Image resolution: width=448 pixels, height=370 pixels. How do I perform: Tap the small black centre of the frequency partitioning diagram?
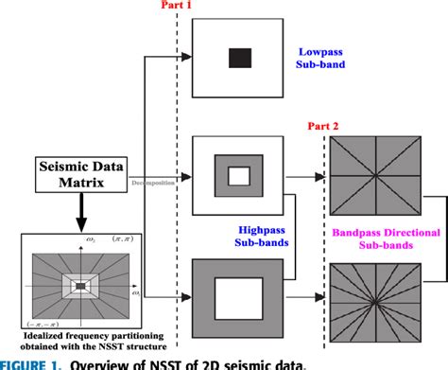(x=80, y=285)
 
